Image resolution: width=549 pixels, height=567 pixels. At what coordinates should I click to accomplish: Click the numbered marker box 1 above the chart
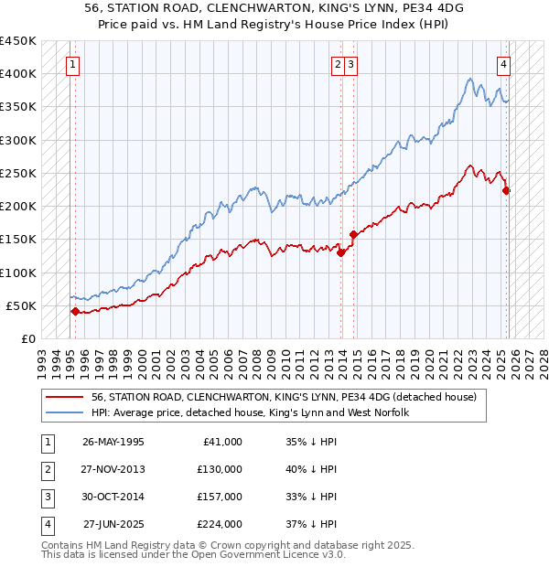(71, 64)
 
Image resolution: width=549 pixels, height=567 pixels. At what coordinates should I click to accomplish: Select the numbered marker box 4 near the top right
(503, 64)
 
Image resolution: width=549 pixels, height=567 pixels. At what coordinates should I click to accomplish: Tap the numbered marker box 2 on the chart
(339, 64)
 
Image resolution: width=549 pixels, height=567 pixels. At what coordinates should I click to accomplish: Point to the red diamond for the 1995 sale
(75, 311)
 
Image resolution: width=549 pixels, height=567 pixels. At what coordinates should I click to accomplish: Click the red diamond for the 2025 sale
(506, 190)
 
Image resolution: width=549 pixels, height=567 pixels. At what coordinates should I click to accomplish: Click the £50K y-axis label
(22, 305)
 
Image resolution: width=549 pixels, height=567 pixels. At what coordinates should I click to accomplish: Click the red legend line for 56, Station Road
(66, 398)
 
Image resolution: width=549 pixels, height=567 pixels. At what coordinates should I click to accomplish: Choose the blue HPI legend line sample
(66, 412)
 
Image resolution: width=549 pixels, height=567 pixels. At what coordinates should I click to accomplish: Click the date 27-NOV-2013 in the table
(113, 469)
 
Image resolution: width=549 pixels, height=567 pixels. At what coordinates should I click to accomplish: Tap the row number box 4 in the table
(47, 524)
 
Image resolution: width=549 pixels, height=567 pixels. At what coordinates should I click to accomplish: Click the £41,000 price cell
(222, 442)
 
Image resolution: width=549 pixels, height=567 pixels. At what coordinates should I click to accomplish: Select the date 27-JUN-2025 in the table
(113, 524)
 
